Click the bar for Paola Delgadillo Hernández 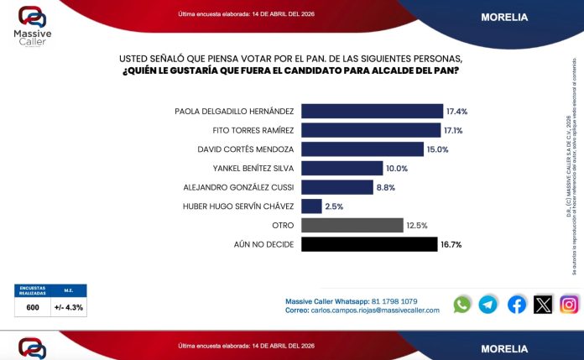372,111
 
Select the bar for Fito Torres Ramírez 370,130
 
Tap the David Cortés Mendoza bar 362,149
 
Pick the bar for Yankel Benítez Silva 342,168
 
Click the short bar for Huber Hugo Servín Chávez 310,206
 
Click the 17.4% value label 457,111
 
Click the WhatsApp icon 462,305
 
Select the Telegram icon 488,305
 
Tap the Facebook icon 517,305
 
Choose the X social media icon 543,305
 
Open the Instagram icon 570,305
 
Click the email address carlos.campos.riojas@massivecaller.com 375,310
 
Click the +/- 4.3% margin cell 69,307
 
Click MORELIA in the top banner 503,17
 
